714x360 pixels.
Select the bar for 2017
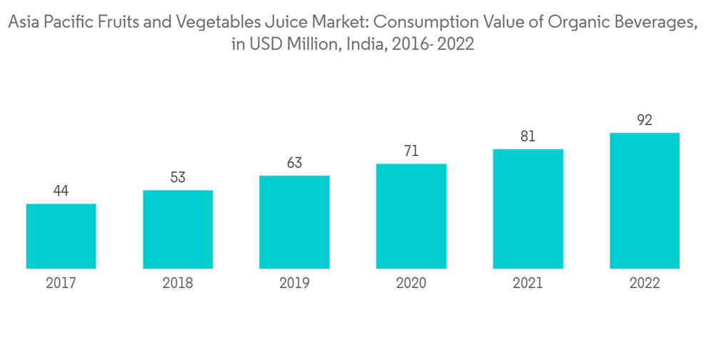(61, 236)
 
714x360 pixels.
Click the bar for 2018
(178, 229)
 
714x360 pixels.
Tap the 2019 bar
(294, 222)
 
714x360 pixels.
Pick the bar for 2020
(411, 216)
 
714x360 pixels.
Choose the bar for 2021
(528, 209)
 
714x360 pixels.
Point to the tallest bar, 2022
(644, 201)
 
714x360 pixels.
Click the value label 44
(61, 191)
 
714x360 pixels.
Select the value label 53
(178, 178)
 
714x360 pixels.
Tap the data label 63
(294, 163)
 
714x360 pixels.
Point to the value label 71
(411, 151)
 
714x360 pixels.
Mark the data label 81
(528, 136)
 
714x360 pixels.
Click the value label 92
(644, 120)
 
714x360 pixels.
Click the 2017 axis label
(61, 283)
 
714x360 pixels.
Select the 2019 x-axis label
(294, 283)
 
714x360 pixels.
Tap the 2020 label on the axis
(411, 283)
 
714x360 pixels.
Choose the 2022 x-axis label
(644, 283)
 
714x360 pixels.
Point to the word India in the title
(364, 44)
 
